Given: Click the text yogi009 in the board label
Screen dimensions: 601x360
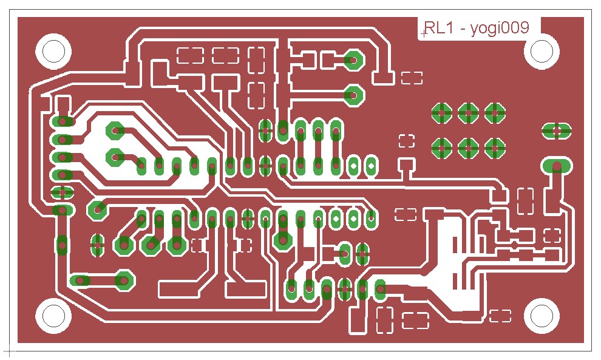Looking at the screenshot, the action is tap(500, 29).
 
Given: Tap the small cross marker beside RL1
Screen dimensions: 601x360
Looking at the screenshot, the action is tap(424, 34).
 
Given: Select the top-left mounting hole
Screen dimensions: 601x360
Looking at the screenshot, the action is tap(53, 51).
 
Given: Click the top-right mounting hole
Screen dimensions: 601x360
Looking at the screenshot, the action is tap(542, 51).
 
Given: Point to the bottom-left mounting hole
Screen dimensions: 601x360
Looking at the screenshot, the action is tap(53, 316).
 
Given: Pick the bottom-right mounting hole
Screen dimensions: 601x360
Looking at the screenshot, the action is tap(542, 316).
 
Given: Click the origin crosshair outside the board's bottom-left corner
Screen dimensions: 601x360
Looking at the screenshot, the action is tap(9, 350).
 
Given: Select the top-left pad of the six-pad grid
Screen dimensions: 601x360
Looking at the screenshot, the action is tap(441, 113).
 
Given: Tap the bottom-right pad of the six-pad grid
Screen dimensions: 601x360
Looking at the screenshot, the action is tap(495, 148).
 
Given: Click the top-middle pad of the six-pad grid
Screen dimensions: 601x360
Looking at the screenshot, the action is tap(468, 113).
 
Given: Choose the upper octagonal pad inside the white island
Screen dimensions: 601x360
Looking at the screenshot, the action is tap(115, 131).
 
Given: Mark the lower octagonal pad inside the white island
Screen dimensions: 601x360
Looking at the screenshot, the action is tap(115, 157).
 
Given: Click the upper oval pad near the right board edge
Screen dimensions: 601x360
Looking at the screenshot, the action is tap(557, 131).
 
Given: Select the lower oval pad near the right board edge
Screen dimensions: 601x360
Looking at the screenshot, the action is tap(557, 166).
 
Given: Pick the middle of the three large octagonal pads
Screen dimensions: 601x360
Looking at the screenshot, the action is tap(151, 245).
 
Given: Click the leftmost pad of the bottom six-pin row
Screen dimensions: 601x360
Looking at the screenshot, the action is tap(291, 290).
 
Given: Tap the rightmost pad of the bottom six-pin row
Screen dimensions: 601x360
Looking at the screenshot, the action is tap(380, 290).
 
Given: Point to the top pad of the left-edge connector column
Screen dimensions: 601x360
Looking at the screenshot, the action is tap(62, 121).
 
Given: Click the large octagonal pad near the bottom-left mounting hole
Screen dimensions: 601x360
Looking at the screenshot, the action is tap(124, 280).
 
